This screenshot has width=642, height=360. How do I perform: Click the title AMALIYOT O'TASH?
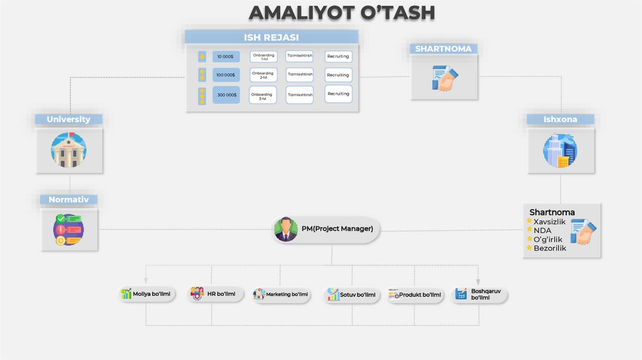342,13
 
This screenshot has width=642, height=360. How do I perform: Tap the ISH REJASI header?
271,37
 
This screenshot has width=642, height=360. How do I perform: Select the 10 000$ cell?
226,56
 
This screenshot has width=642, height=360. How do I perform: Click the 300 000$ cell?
226,95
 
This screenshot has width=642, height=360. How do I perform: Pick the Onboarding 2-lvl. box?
263,75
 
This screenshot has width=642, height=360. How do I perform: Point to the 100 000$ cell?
226,75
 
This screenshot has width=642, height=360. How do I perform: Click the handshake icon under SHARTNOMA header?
445,78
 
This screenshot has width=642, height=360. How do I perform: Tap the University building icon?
68,151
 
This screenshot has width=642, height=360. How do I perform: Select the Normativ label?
69,200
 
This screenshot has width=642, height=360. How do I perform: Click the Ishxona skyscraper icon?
560,151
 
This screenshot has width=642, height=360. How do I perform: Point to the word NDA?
542,230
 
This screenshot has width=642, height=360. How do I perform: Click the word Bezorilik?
550,248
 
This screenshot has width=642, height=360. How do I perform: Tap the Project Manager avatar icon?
286,229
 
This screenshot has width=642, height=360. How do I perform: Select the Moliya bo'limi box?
146,294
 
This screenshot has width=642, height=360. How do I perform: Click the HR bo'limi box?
214,294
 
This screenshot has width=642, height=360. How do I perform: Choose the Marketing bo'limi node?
281,294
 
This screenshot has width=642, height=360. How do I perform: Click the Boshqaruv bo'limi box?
479,294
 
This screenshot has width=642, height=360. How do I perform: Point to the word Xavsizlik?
550,221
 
